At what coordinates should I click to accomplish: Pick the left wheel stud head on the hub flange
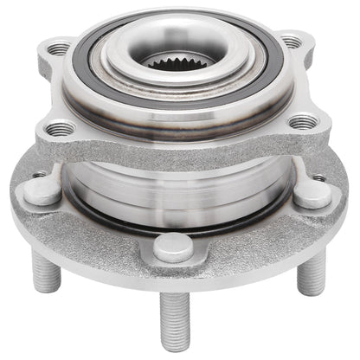[41, 192]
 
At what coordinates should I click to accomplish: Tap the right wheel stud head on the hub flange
[312, 194]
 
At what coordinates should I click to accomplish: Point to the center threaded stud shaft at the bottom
[172, 316]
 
